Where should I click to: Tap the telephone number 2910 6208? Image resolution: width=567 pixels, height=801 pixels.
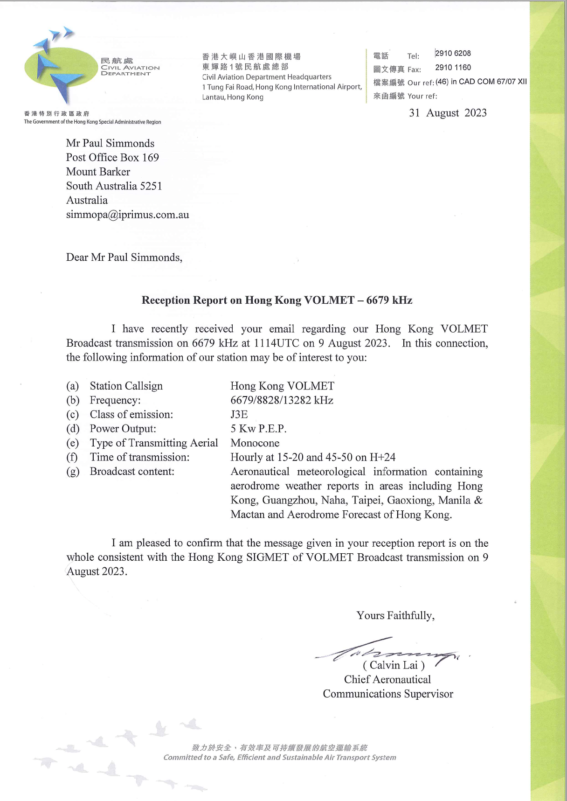pyautogui.click(x=453, y=54)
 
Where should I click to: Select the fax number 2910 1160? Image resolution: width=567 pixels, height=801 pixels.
pyautogui.click(x=453, y=68)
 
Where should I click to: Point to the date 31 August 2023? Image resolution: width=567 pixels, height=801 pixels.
pyautogui.click(x=448, y=113)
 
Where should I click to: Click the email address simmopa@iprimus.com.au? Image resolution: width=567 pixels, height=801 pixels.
pyautogui.click(x=127, y=215)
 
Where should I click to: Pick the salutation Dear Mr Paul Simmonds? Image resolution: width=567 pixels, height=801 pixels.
pyautogui.click(x=124, y=258)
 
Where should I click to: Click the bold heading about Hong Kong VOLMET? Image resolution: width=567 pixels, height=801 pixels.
pyautogui.click(x=277, y=300)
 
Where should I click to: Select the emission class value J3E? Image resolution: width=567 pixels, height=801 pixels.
pyautogui.click(x=239, y=414)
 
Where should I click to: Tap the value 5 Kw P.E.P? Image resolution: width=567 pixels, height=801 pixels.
pyautogui.click(x=258, y=429)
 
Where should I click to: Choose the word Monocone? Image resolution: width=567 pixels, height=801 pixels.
pyautogui.click(x=255, y=443)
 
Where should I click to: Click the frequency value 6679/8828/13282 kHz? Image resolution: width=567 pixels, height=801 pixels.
pyautogui.click(x=282, y=400)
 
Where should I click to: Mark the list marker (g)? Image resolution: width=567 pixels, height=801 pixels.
pyautogui.click(x=73, y=472)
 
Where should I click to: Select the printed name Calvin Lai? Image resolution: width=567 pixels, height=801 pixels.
pyautogui.click(x=394, y=665)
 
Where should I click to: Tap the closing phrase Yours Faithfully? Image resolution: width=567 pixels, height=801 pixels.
pyautogui.click(x=395, y=616)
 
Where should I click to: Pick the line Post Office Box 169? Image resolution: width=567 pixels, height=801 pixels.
pyautogui.click(x=112, y=158)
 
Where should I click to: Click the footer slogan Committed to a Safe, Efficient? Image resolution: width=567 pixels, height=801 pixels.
pyautogui.click(x=279, y=758)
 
